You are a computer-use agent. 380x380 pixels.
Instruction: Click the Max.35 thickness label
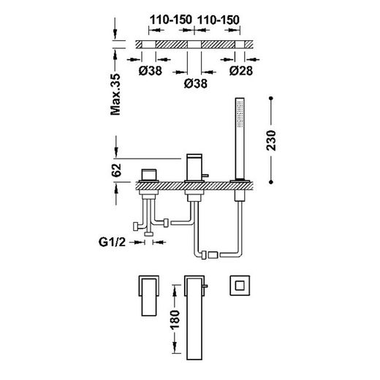tap(115, 94)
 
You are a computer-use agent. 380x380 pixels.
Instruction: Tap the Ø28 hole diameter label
tap(241, 71)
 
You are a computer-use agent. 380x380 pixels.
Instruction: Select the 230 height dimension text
tap(271, 140)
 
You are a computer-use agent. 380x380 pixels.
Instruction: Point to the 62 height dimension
tap(116, 170)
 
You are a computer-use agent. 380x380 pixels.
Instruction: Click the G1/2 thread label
tap(112, 242)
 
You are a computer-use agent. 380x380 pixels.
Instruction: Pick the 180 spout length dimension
tap(175, 320)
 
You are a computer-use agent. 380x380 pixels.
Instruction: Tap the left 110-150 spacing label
tap(171, 20)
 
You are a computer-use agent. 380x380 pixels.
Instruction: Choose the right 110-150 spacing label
tap(218, 20)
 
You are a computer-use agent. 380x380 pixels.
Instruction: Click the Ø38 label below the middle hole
tap(196, 83)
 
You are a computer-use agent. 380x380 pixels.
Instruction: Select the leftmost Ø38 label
tap(150, 71)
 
